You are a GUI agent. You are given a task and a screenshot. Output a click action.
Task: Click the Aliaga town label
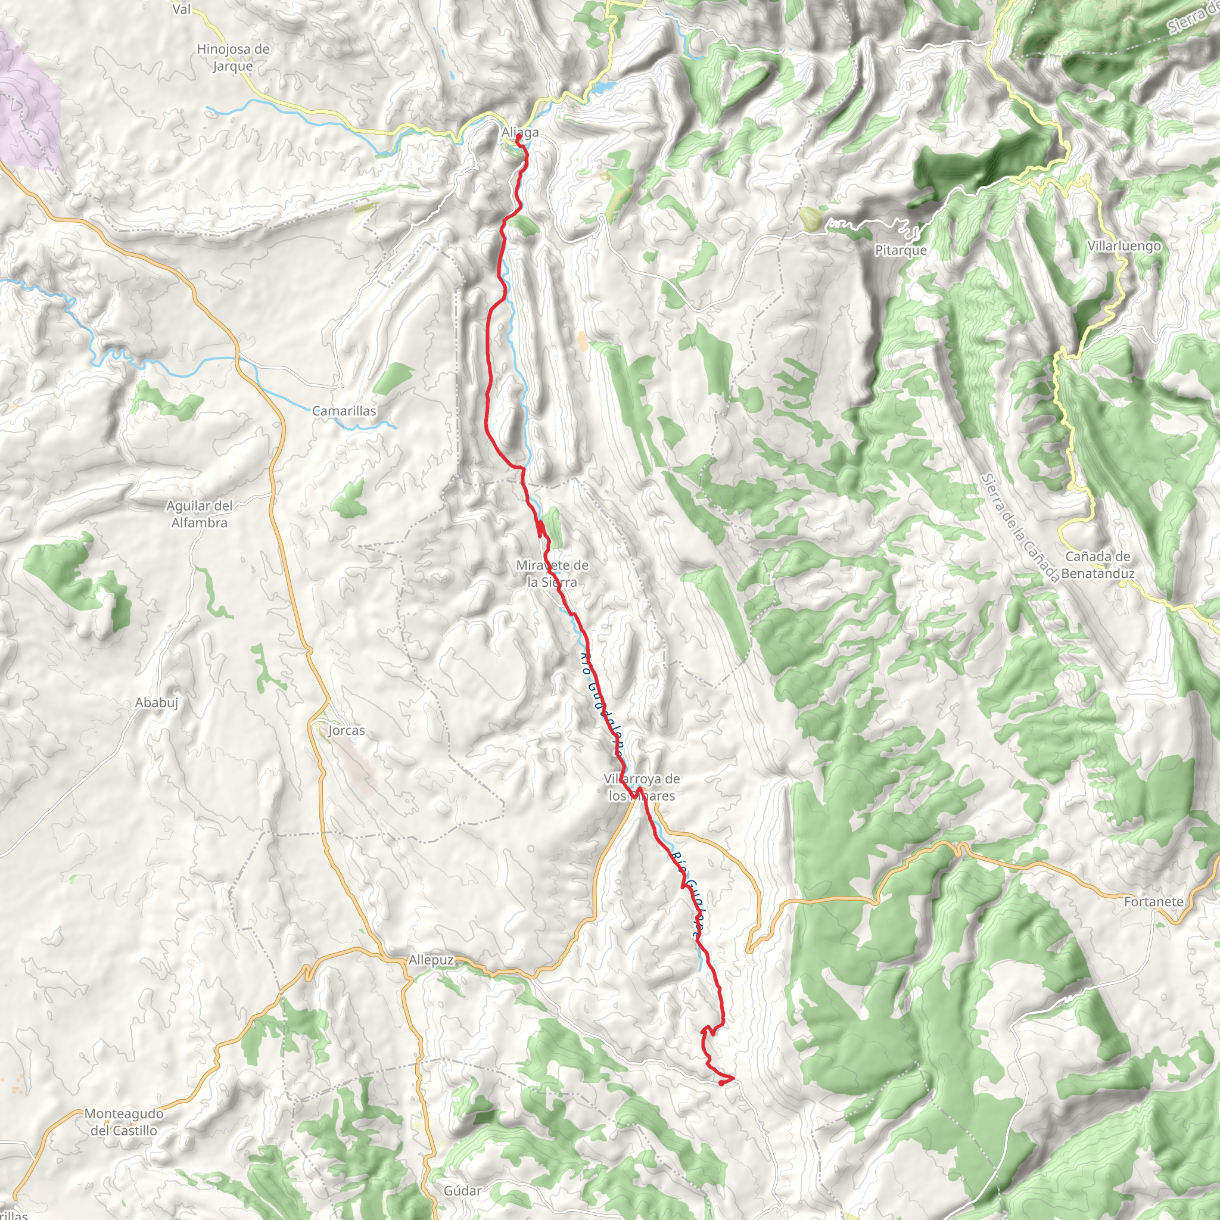click(x=519, y=133)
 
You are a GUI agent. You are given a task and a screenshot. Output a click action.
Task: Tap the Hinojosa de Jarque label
click(x=233, y=57)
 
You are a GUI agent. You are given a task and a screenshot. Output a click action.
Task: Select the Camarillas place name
click(x=344, y=411)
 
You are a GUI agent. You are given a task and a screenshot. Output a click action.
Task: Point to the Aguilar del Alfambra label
click(x=200, y=514)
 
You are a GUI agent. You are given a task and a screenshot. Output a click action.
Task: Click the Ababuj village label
click(x=157, y=702)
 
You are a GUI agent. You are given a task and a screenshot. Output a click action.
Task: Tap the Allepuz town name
click(x=431, y=960)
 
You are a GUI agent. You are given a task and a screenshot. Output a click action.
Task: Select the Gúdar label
click(x=462, y=1191)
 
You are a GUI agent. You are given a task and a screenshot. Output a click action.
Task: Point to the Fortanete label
click(x=1154, y=902)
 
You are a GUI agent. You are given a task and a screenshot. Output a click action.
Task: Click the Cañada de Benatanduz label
click(x=1097, y=565)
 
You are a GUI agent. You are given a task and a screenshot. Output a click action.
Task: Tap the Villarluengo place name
click(x=1124, y=246)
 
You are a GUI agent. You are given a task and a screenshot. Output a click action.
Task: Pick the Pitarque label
click(x=901, y=251)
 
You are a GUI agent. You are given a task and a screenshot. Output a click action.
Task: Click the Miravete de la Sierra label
click(x=553, y=574)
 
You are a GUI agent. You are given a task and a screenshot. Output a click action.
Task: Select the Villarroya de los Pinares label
click(x=642, y=787)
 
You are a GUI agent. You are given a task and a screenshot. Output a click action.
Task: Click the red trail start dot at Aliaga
click(x=518, y=136)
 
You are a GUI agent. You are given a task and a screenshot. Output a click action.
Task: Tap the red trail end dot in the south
click(x=722, y=1083)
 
